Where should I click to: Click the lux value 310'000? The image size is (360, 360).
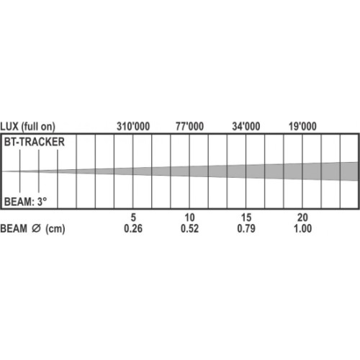tap(133, 127)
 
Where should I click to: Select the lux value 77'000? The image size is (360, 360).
tap(189, 127)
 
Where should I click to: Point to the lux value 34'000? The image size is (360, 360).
tap(246, 127)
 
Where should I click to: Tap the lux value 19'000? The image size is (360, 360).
tap(302, 127)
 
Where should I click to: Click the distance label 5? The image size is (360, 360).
tap(133, 217)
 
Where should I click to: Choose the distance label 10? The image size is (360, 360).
tap(189, 217)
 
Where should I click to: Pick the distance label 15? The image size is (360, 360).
tap(246, 217)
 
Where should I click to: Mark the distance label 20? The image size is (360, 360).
tap(302, 217)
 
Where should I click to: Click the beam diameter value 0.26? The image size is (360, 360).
tap(133, 228)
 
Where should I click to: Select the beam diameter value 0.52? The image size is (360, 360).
tap(189, 228)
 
